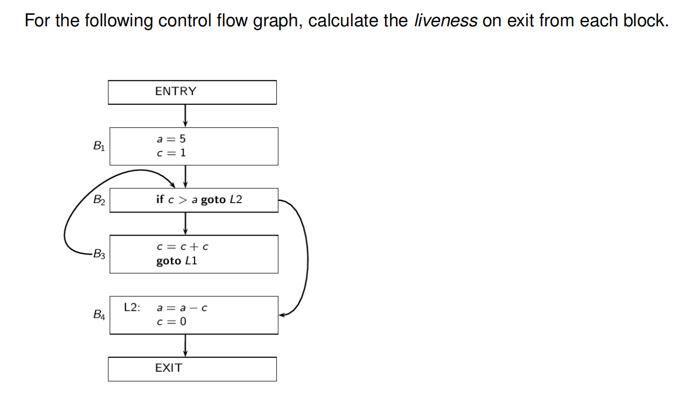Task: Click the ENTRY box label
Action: [176, 92]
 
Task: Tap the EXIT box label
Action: [169, 368]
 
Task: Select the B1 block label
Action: [98, 147]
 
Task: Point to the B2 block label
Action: [98, 200]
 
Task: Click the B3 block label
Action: [98, 255]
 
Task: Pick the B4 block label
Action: [98, 315]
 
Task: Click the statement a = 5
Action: [171, 139]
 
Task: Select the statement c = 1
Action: [171, 153]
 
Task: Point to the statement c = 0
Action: [171, 321]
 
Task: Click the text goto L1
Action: [177, 261]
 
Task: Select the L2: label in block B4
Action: [132, 308]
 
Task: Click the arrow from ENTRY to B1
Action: [185, 115]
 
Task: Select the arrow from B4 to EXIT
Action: [185, 345]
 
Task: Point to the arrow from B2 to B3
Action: [185, 223]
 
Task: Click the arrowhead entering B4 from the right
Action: [283, 315]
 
